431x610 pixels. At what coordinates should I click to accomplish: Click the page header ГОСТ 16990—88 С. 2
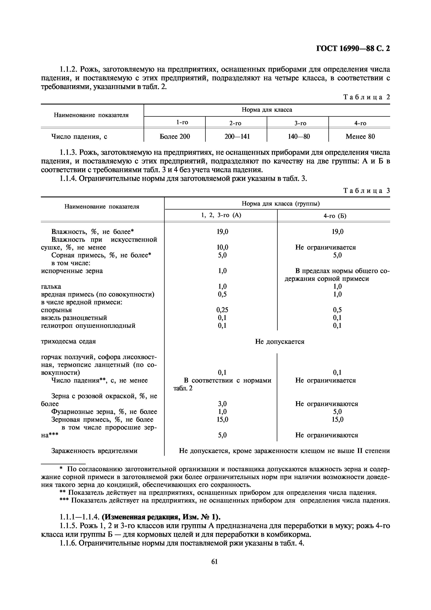[x=353, y=49]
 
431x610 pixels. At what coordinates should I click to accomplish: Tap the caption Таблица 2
[x=367, y=97]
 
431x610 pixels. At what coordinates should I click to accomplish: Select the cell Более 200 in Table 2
[x=175, y=137]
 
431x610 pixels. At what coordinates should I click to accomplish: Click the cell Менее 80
[x=360, y=137]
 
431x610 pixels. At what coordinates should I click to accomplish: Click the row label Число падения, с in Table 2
[x=79, y=137]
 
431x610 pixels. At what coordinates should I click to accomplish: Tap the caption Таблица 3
[x=367, y=191]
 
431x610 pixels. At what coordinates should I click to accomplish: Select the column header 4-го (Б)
[x=335, y=216]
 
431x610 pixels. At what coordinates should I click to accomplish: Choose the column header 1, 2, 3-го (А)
[x=221, y=215]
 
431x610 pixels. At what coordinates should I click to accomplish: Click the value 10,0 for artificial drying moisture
[x=222, y=247]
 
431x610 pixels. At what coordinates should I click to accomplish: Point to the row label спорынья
[x=56, y=310]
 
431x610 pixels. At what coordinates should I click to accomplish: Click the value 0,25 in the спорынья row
[x=222, y=310]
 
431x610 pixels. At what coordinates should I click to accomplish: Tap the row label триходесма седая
[x=68, y=341]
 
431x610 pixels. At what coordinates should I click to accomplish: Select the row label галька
[x=51, y=286]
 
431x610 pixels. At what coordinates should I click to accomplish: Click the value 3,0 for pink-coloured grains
[x=222, y=404]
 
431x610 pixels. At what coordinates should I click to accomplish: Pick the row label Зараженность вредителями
[x=94, y=451]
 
